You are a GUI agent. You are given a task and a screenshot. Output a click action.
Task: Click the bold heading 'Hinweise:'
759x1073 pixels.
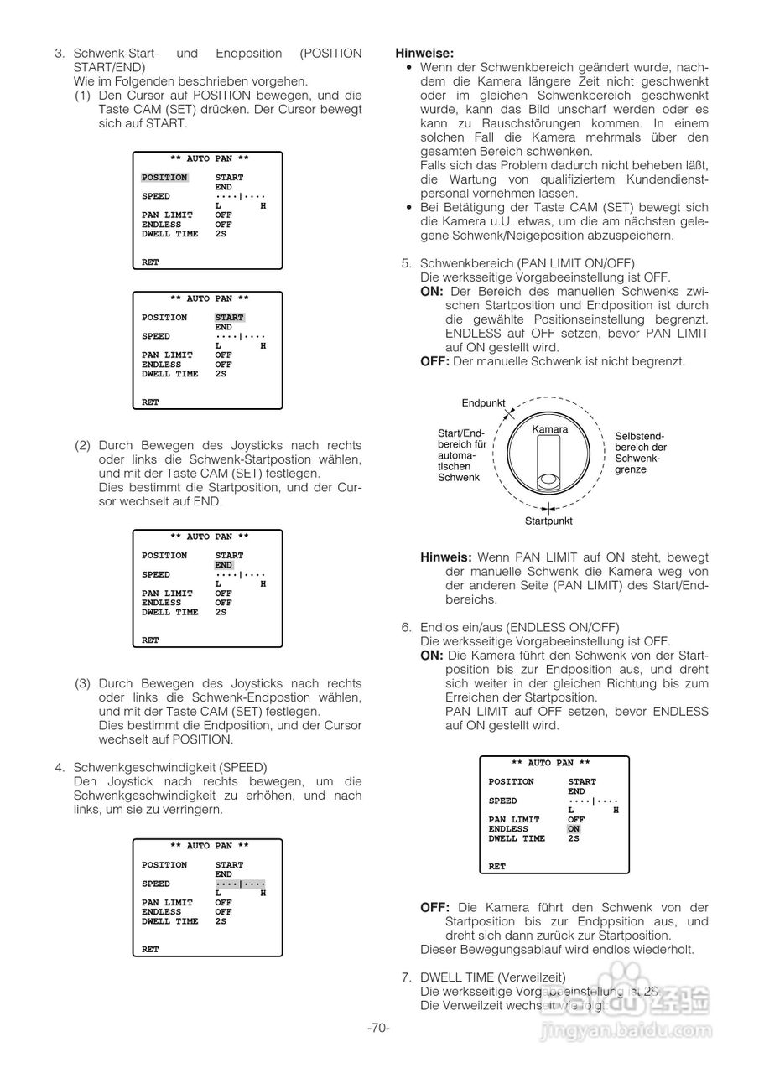(x=424, y=53)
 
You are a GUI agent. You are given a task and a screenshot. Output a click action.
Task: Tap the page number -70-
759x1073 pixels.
(x=378, y=1028)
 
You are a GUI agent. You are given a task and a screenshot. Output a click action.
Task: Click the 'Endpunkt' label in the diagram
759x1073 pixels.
(x=483, y=403)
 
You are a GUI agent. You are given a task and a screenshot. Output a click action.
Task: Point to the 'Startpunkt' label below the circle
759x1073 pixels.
(x=548, y=521)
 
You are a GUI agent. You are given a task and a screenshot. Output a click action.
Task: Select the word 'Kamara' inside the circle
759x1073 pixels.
(x=549, y=429)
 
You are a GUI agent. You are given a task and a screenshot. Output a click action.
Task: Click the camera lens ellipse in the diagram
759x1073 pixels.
(x=548, y=480)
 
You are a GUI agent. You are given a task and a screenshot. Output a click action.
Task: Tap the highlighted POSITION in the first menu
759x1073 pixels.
(x=164, y=178)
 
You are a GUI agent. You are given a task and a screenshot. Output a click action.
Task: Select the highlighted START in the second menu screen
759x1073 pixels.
(x=229, y=318)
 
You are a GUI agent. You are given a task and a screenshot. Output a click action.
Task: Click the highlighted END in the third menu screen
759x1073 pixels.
(x=224, y=565)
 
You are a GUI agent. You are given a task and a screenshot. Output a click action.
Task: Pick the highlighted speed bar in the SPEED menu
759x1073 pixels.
(x=240, y=884)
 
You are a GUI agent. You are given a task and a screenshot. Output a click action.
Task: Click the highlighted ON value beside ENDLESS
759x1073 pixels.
(x=574, y=829)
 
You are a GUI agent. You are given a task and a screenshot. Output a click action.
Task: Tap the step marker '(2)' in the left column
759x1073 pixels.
(x=83, y=446)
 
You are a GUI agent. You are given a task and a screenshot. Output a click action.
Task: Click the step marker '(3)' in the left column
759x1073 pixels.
(x=83, y=683)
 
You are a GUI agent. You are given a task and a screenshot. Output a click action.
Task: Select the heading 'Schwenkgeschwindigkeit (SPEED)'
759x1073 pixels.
(x=170, y=767)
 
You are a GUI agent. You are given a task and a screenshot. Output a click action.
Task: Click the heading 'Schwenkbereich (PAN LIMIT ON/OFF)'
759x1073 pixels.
(x=527, y=263)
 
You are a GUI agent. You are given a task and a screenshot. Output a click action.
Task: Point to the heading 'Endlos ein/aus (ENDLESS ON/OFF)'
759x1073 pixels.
(x=519, y=627)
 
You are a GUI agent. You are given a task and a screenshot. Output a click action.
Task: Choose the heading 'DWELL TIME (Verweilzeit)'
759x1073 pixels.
(x=492, y=977)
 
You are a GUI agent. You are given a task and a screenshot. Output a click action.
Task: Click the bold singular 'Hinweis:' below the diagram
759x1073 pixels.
(x=446, y=557)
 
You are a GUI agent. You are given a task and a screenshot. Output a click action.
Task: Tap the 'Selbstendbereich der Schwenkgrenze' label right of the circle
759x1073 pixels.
(x=641, y=453)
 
